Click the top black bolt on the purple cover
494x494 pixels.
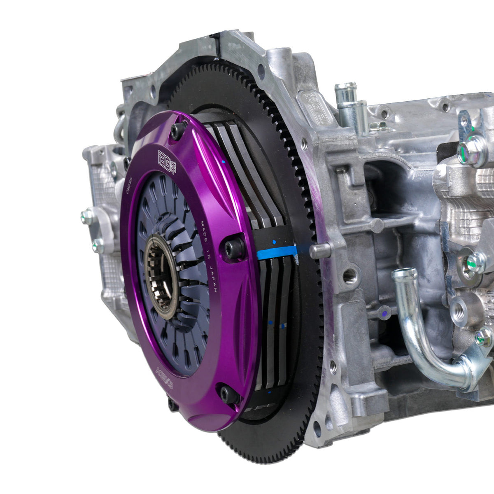click(178, 131)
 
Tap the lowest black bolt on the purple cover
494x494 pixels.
click(229, 395)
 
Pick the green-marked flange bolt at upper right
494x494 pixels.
click(473, 150)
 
